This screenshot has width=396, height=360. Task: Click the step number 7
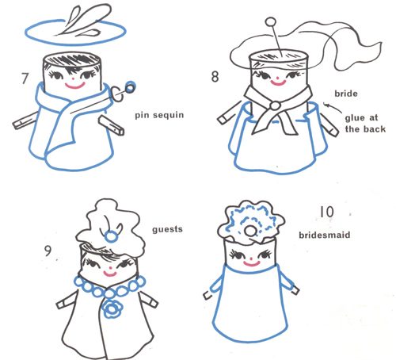tap(25, 79)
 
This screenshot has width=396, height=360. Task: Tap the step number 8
tap(215, 77)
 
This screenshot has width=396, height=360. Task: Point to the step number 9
tap(48, 251)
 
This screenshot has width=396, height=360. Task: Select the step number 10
tap(327, 212)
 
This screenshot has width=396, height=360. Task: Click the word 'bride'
tap(346, 94)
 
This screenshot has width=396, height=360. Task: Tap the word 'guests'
tap(167, 229)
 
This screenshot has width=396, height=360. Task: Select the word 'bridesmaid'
tap(325, 235)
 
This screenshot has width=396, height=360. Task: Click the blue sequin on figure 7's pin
tap(130, 88)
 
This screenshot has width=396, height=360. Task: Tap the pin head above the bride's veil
tap(270, 22)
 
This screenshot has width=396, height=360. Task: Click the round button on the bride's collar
tap(275, 105)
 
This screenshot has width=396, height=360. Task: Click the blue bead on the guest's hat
tap(111, 236)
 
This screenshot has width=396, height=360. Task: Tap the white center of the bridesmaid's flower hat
tap(249, 232)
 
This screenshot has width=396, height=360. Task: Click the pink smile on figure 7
tap(75, 86)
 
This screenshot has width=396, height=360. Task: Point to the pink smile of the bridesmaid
tap(252, 263)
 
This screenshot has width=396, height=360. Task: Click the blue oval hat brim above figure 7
tap(76, 32)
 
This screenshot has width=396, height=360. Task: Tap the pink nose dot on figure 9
tap(110, 267)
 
